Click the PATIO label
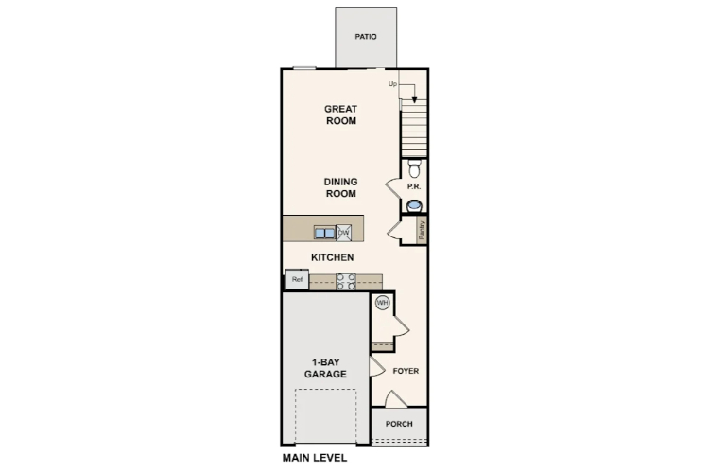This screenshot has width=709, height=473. click(x=366, y=38)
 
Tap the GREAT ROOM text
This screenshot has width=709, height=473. click(x=340, y=114)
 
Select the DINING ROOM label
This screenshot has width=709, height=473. click(x=340, y=187)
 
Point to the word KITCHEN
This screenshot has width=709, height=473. click(x=333, y=257)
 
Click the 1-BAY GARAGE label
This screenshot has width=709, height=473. click(x=325, y=368)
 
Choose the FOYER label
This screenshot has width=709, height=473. click(x=406, y=371)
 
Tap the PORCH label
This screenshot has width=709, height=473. click(x=399, y=424)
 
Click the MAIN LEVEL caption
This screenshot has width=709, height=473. click(x=315, y=458)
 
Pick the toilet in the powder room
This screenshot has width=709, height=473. click(x=413, y=168)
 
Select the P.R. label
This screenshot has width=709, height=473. click(x=413, y=187)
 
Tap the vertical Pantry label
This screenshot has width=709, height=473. click(x=422, y=229)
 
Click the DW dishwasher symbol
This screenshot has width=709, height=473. click(x=345, y=232)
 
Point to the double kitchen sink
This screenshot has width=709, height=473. click(x=325, y=232)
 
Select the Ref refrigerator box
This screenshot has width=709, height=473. click(x=297, y=280)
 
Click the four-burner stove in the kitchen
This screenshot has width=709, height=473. click(x=345, y=280)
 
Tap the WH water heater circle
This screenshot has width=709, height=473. click(x=383, y=303)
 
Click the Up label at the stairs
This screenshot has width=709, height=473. click(x=392, y=84)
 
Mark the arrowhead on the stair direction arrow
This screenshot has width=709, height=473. click(x=413, y=99)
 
